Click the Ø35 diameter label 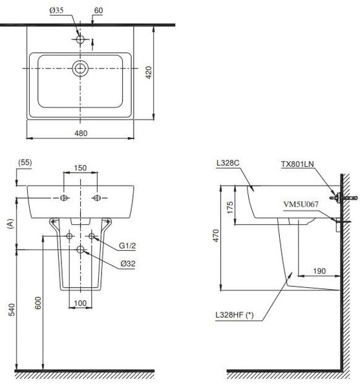[x=57, y=10]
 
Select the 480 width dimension [x=81, y=133]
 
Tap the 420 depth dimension [x=149, y=72]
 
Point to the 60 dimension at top [x=98, y=10]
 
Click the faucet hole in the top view [x=80, y=39]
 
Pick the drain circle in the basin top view [x=80, y=68]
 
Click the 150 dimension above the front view [x=80, y=168]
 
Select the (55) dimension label [x=25, y=162]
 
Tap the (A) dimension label [x=10, y=224]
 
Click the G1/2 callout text [x=127, y=246]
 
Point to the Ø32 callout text [x=128, y=264]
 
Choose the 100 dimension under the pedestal [x=80, y=303]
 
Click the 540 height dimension [x=12, y=310]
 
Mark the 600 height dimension [x=38, y=303]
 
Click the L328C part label [x=228, y=163]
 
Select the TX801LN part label [x=297, y=164]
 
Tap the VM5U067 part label [x=301, y=204]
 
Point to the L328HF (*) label [x=235, y=315]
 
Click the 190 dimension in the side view [x=319, y=271]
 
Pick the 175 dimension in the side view [x=230, y=208]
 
